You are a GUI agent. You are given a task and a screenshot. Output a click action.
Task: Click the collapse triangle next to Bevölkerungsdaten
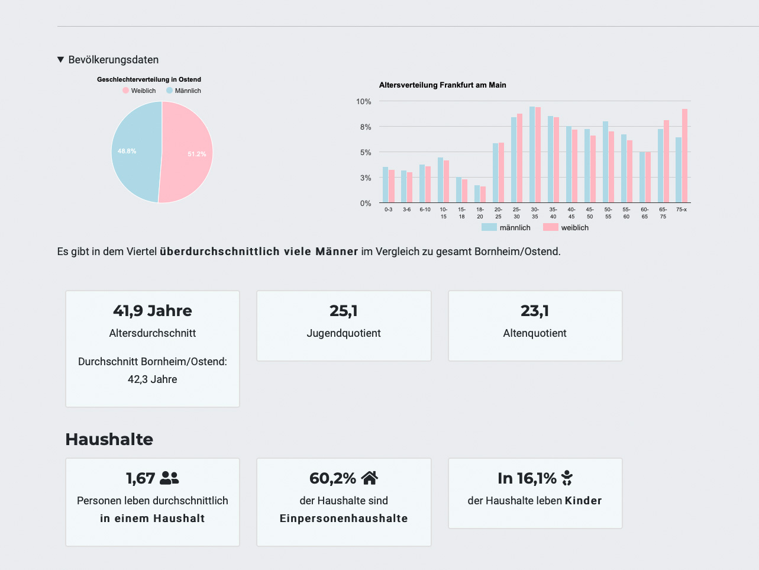pyautogui.click(x=60, y=60)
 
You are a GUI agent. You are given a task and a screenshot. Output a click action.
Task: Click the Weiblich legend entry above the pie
pyautogui.click(x=140, y=91)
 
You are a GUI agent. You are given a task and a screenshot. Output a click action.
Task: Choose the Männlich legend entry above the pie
pyautogui.click(x=184, y=91)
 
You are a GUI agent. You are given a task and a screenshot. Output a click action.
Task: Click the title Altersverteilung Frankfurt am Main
pyautogui.click(x=443, y=85)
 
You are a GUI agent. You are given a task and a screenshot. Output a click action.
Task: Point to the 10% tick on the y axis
pyautogui.click(x=363, y=102)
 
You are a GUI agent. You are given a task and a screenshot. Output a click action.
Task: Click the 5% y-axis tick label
pyautogui.click(x=364, y=153)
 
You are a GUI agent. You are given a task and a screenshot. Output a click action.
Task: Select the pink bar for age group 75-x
pyautogui.click(x=684, y=156)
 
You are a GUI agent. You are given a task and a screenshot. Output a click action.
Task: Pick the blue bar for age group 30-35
pyautogui.click(x=532, y=154)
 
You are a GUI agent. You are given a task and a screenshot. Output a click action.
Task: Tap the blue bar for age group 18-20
pyautogui.click(x=477, y=194)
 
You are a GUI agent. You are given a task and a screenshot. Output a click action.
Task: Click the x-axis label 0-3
pyautogui.click(x=388, y=210)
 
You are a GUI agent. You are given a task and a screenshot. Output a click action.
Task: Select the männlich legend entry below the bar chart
pyautogui.click(x=506, y=227)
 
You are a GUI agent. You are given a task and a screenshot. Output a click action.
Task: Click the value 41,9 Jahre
pyautogui.click(x=153, y=311)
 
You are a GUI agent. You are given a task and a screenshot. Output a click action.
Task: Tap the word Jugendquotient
pyautogui.click(x=344, y=333)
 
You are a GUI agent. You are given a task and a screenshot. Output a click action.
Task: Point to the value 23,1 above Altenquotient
pyautogui.click(x=535, y=311)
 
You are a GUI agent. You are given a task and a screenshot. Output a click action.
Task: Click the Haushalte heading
pyautogui.click(x=109, y=439)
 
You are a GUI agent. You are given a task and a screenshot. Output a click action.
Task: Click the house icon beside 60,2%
pyautogui.click(x=369, y=478)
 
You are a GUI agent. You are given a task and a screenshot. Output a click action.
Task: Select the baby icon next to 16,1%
pyautogui.click(x=567, y=478)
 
